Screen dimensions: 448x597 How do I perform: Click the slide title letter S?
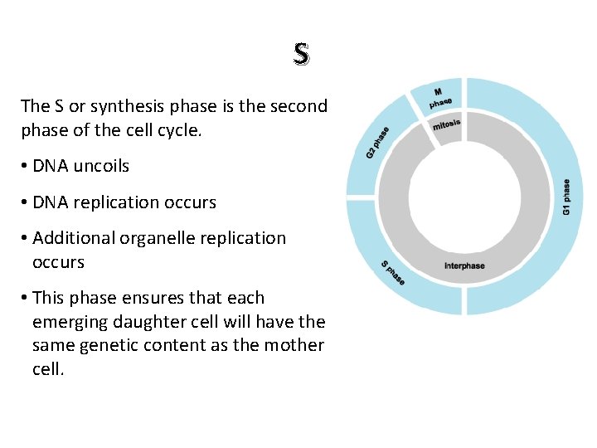click(x=301, y=55)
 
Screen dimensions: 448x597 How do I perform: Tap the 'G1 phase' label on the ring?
click(x=566, y=197)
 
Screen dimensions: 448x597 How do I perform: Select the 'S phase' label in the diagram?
click(x=393, y=273)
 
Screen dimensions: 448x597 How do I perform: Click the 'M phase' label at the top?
click(x=440, y=97)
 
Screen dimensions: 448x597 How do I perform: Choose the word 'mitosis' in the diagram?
click(x=446, y=125)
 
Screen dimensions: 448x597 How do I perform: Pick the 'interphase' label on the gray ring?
click(x=464, y=265)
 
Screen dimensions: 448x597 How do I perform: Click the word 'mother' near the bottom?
click(x=294, y=345)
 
